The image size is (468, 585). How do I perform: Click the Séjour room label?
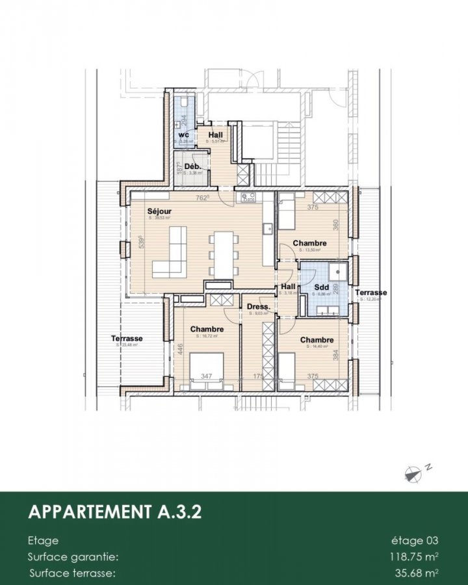pyautogui.click(x=159, y=212)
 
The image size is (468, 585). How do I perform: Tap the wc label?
pyautogui.click(x=183, y=135)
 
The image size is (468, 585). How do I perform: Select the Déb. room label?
pyautogui.click(x=192, y=166)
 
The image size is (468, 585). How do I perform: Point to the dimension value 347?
pyautogui.click(x=207, y=376)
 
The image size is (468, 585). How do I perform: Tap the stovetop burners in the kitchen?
pyautogui.click(x=248, y=198)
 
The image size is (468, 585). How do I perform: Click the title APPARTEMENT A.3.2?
pyautogui.click(x=114, y=512)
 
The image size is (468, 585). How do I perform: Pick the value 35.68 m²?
pyautogui.click(x=415, y=573)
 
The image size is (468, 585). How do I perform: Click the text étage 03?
pyautogui.click(x=415, y=541)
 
